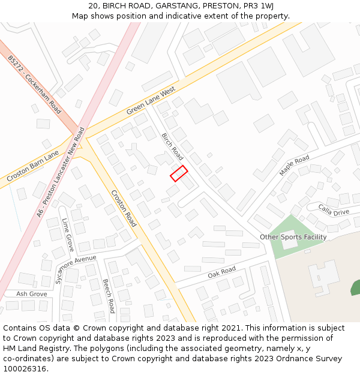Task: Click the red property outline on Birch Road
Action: point(179,173)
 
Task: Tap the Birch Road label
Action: point(172,146)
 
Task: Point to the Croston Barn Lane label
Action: point(32,167)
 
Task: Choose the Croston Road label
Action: point(124,208)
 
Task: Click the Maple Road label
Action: point(294,166)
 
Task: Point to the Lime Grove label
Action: point(68,235)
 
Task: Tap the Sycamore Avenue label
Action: point(76,269)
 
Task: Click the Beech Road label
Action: point(108,296)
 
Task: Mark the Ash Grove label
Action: point(31,294)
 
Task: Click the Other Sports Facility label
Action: point(293,237)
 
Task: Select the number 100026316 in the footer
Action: point(25,368)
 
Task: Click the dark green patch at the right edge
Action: point(356,288)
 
